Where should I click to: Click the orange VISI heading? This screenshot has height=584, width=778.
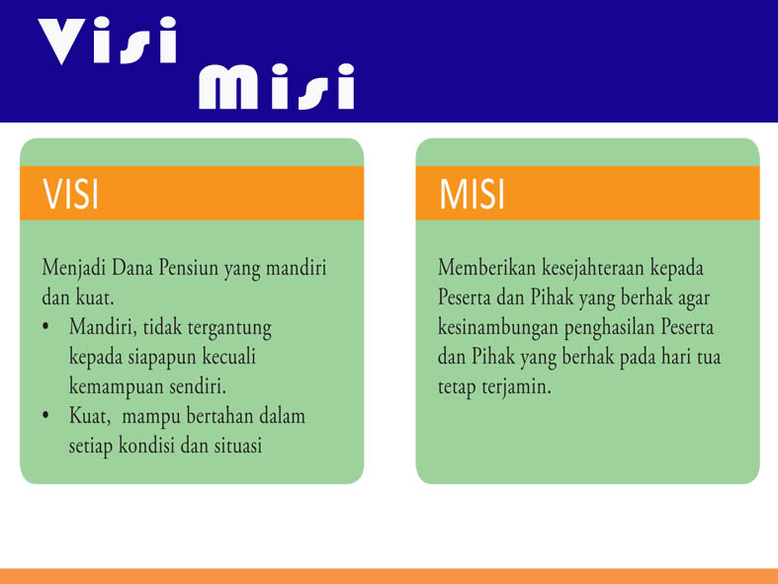(71, 194)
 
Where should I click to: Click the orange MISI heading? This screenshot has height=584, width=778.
(473, 194)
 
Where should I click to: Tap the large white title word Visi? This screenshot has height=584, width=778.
(109, 42)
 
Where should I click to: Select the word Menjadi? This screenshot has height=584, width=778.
(74, 269)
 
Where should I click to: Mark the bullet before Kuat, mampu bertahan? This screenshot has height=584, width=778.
(46, 416)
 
